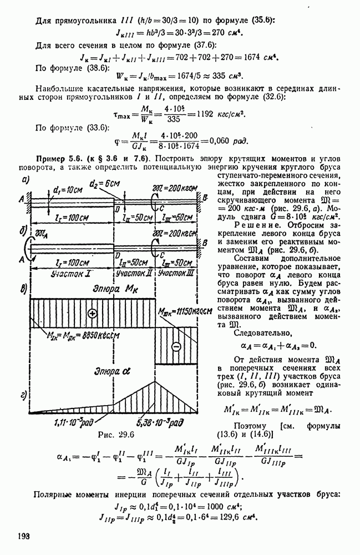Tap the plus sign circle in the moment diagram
tap(92, 314)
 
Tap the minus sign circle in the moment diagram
tap(176, 346)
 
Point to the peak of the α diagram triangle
tap(155, 380)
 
